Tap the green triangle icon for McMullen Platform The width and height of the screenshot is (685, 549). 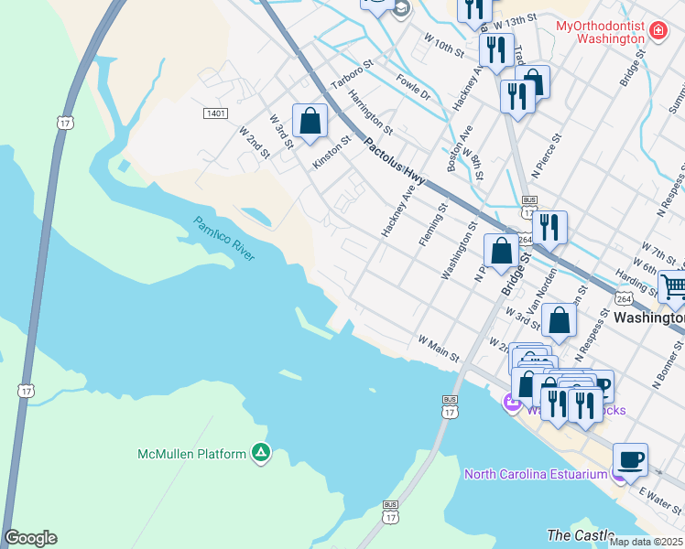(x=261, y=454)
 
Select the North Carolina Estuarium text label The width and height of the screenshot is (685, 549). (x=535, y=474)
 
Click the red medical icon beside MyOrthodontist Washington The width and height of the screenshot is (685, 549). (x=657, y=32)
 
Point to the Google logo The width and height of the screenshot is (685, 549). (x=30, y=538)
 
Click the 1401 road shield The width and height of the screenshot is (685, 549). (x=215, y=113)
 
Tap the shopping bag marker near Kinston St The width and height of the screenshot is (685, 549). (x=310, y=121)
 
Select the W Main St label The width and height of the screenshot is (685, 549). (x=438, y=349)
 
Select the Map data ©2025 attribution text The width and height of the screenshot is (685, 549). (x=646, y=542)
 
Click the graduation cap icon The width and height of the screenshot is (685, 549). (x=400, y=8)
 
